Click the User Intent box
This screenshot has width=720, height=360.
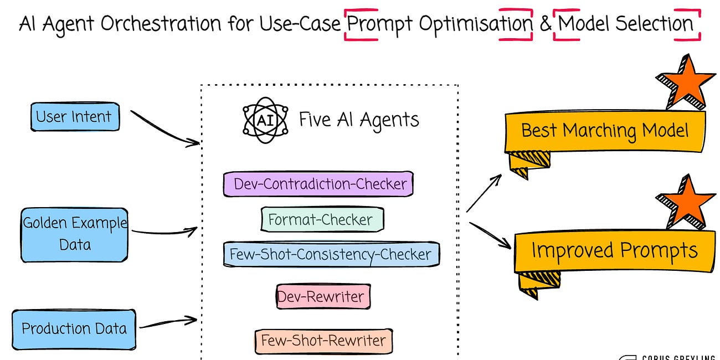coord(74,117)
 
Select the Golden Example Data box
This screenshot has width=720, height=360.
coord(75,234)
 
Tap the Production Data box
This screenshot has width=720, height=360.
coord(74,328)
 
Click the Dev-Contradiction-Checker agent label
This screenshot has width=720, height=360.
coord(319,184)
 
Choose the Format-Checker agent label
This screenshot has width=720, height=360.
coord(321,219)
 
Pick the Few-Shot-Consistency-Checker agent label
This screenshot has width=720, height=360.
coord(331,254)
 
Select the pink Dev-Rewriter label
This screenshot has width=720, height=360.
coord(323,296)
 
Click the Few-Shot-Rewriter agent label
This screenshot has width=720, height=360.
coord(323,340)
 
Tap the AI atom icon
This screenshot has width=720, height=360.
coord(265,120)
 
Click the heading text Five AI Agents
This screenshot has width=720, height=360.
coord(359,120)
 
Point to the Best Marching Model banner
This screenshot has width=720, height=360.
coord(605,131)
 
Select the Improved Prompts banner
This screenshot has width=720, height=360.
coord(614,251)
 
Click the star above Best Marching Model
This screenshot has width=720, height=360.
coord(685,83)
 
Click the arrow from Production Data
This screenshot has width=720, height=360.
coord(167,323)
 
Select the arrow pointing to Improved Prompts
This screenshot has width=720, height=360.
coord(490,235)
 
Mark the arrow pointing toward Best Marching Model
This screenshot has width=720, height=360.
coord(484,193)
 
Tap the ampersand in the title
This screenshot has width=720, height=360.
coord(545,24)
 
